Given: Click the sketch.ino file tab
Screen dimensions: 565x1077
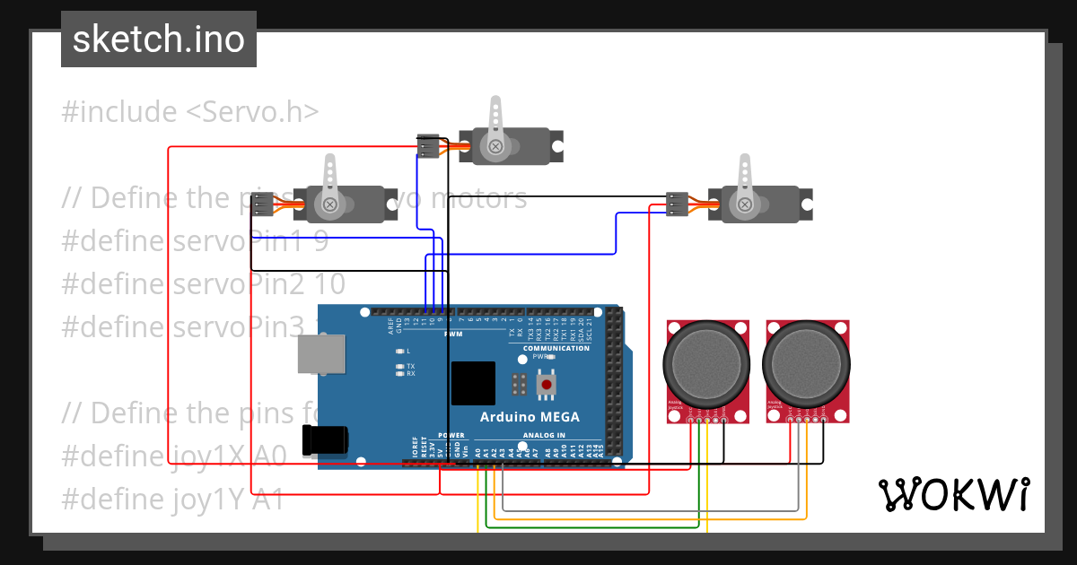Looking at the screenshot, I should (x=158, y=39).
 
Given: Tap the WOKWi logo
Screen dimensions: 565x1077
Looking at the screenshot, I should (x=952, y=494).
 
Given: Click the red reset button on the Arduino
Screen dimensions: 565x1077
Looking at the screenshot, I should (x=546, y=385).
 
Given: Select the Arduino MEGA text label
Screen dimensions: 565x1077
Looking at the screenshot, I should (x=530, y=417).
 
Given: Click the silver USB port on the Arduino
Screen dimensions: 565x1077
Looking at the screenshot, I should (x=322, y=353).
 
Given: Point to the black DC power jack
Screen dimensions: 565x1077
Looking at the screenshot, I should (x=325, y=439).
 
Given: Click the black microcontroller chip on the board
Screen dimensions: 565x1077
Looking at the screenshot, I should (x=473, y=384).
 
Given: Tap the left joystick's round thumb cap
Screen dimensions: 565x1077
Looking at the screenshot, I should (x=706, y=363).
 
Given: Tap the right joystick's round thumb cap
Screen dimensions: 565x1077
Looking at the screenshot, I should (x=805, y=363).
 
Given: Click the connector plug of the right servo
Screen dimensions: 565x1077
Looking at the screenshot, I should (x=678, y=204).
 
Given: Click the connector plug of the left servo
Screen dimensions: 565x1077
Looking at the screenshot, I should (x=261, y=205).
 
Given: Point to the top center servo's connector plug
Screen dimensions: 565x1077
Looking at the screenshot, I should (x=428, y=146).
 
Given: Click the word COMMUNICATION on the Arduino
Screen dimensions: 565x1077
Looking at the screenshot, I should (x=556, y=348).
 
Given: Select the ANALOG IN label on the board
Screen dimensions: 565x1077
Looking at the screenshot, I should (x=543, y=435).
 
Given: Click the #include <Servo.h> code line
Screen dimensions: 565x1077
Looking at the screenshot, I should (x=190, y=112).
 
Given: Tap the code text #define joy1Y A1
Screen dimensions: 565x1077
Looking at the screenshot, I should (x=172, y=499).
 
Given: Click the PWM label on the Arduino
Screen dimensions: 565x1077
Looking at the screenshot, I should (x=453, y=334).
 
